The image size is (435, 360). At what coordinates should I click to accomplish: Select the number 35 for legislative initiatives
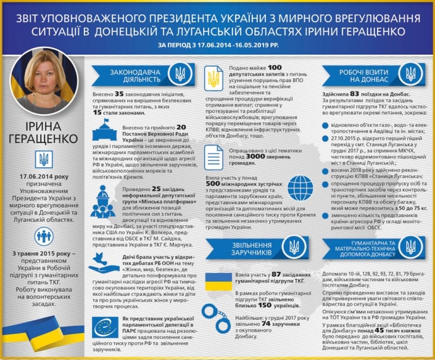tap(119, 93)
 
